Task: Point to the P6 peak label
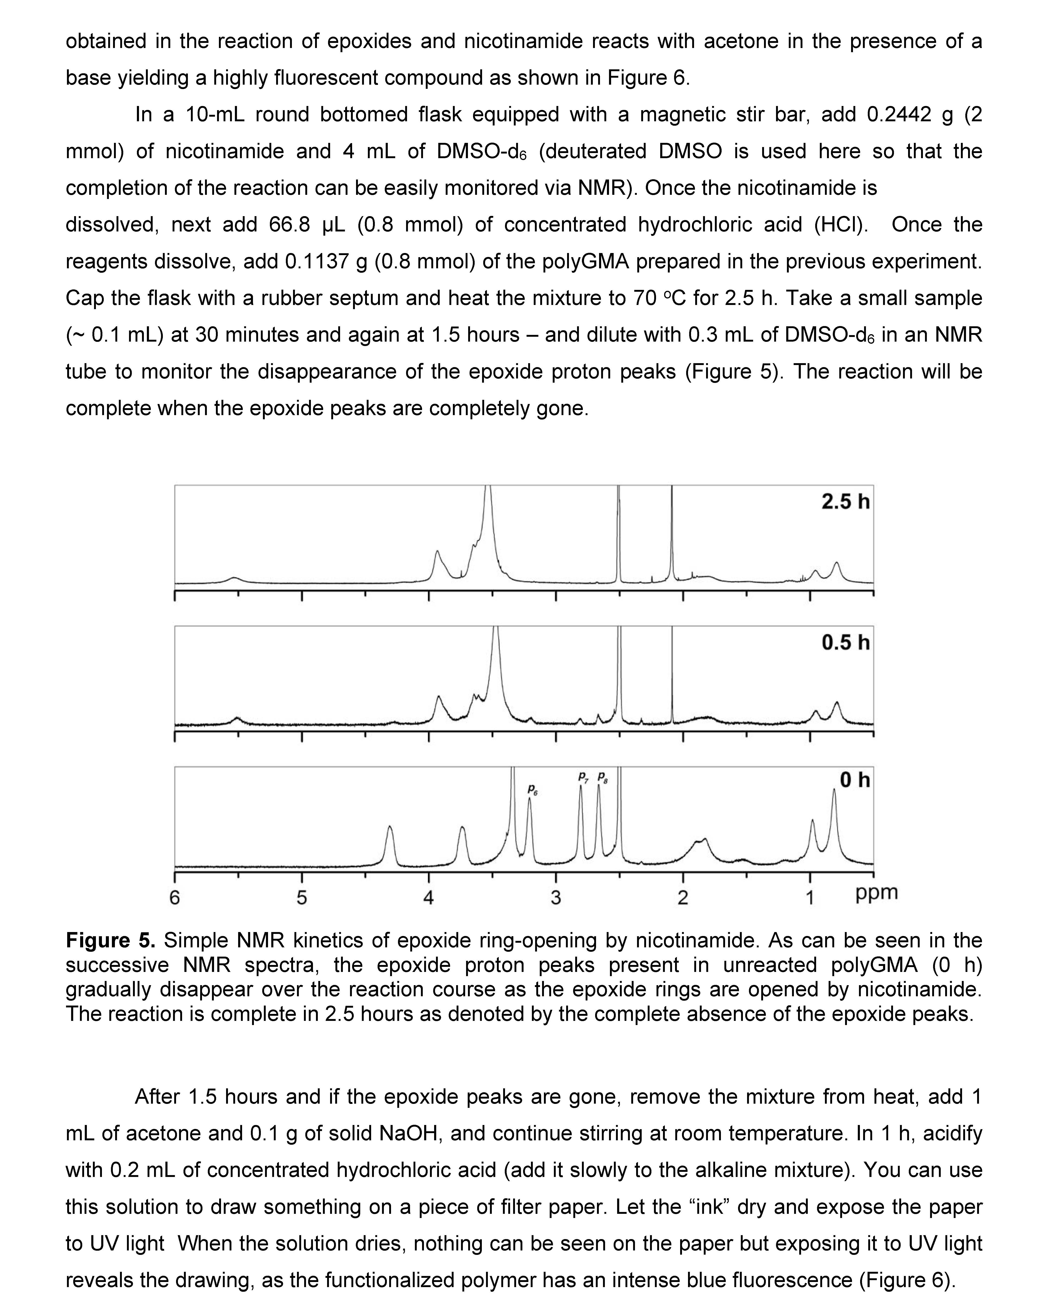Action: (x=532, y=791)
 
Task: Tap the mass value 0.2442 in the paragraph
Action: (x=899, y=115)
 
